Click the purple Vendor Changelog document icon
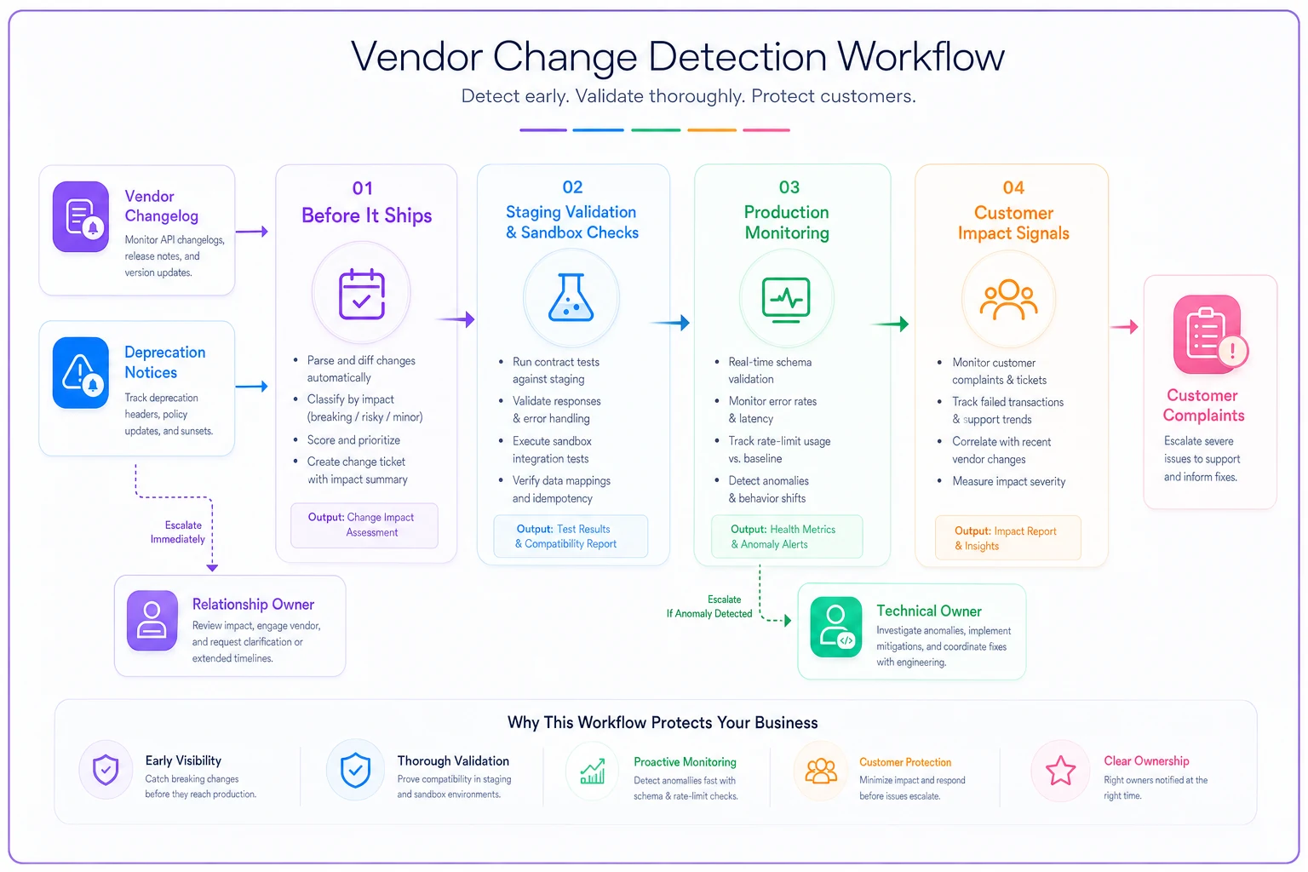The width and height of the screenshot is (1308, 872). point(81,216)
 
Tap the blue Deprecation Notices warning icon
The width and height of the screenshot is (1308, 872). point(81,373)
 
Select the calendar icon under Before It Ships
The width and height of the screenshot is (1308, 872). point(361,294)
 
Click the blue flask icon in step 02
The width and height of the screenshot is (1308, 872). point(571,297)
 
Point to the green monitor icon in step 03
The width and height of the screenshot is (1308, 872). point(786,300)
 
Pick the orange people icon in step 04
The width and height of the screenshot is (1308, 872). point(1008,300)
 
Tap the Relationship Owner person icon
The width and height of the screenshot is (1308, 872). point(152,620)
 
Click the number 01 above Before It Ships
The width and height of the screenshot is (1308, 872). point(362,188)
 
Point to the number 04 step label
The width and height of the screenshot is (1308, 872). point(1013,187)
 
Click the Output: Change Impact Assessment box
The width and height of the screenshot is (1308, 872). point(364,525)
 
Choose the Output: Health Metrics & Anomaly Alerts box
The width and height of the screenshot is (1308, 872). point(787,536)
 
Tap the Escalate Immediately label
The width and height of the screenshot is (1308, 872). point(178,532)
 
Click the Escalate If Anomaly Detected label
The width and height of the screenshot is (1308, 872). point(709,606)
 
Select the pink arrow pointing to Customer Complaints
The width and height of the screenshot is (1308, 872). point(1124,326)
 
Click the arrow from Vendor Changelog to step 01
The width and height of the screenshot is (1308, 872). point(252,232)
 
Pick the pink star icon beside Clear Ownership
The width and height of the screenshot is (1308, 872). point(1060,771)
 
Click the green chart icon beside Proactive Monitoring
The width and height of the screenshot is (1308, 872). point(592,771)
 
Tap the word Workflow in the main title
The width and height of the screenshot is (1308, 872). point(921,57)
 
